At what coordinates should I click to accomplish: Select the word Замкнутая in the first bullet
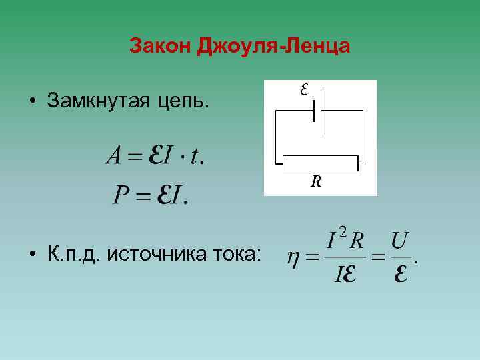point(96,101)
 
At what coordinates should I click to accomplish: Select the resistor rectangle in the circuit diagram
point(321,161)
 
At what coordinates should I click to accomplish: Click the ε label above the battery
point(304,89)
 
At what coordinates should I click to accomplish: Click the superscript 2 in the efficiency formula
point(342,231)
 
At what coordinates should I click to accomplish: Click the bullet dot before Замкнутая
point(31,102)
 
